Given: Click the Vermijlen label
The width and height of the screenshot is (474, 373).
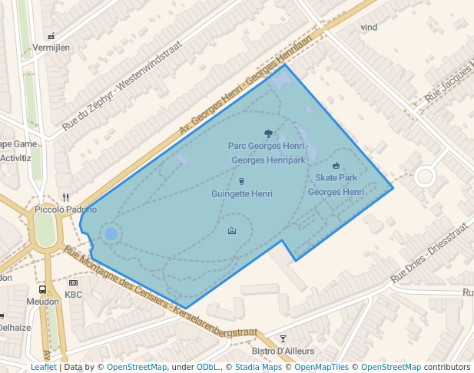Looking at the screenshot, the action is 51,48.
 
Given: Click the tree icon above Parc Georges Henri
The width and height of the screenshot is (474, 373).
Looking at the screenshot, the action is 268,134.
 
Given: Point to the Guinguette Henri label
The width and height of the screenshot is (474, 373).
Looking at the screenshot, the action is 242,194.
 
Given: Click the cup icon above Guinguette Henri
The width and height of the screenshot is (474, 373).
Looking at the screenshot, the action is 242,182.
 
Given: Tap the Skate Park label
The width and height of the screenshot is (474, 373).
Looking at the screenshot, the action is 336,177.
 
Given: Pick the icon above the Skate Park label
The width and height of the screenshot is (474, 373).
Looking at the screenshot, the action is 336,165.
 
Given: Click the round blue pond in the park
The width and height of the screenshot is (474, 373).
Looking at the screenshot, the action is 111,233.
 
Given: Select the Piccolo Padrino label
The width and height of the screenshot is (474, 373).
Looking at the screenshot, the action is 66,210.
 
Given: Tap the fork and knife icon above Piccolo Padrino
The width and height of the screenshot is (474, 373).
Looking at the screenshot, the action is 66,197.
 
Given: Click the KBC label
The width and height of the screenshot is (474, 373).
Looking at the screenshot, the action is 74,295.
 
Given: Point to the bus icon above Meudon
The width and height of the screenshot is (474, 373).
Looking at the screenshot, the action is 42,289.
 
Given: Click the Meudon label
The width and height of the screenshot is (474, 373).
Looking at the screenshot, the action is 42,302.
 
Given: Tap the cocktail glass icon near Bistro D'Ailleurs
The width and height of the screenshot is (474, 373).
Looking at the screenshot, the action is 283,338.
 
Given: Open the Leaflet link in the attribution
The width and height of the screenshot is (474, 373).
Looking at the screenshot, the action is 43,368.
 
